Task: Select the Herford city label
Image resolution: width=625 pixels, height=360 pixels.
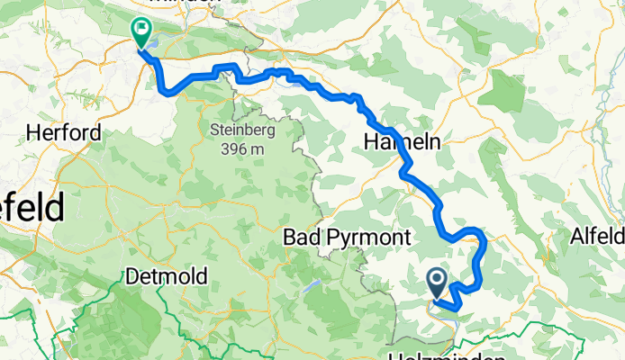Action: pyautogui.click(x=63, y=133)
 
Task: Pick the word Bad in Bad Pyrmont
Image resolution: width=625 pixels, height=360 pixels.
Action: pyautogui.click(x=300, y=238)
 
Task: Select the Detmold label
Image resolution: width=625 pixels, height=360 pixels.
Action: pyautogui.click(x=168, y=274)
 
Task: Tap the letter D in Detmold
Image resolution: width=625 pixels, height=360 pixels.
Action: pyautogui.click(x=132, y=274)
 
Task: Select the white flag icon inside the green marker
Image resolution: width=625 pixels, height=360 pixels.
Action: pyautogui.click(x=142, y=29)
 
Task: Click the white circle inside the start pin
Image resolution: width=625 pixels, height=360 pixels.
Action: pyautogui.click(x=437, y=280)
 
